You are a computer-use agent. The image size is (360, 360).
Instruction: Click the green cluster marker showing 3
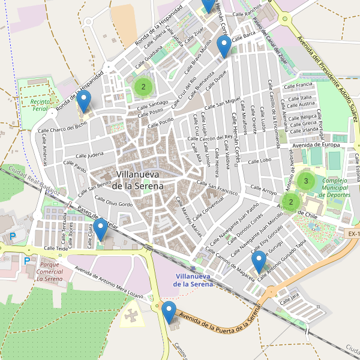tap(306, 181)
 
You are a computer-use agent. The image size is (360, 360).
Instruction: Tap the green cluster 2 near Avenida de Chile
tap(291, 202)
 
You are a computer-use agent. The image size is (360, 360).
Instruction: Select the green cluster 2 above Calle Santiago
tap(143, 86)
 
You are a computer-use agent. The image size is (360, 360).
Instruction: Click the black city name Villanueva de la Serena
tap(139, 180)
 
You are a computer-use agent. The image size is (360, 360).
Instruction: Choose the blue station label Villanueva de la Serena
tap(193, 280)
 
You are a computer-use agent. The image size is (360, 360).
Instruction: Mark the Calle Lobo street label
tap(259, 161)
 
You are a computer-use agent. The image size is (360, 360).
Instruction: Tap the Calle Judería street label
tap(75, 154)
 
